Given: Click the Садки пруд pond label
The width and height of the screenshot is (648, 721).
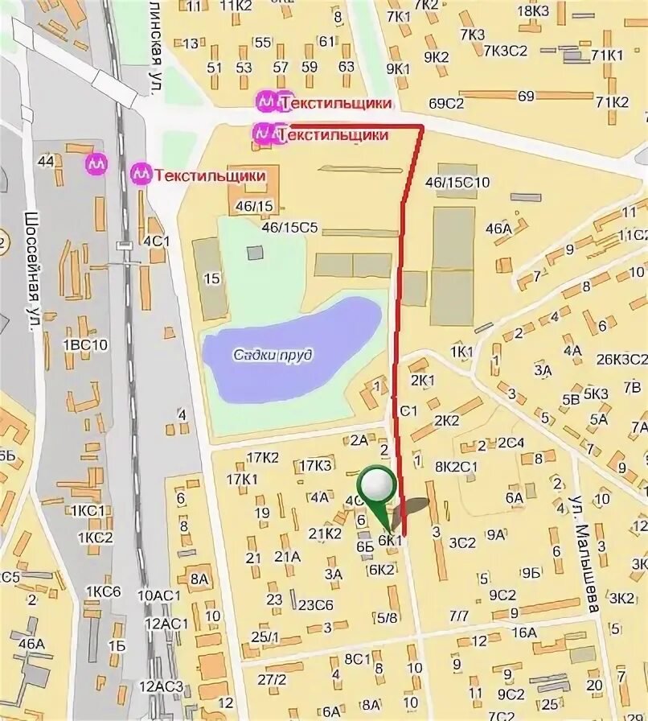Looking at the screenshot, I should (273, 355).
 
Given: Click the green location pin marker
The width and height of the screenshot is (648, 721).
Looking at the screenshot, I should (376, 486).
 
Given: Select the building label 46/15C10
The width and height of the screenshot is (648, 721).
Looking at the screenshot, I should (457, 183).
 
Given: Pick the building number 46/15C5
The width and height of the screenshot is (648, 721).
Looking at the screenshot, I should (290, 227).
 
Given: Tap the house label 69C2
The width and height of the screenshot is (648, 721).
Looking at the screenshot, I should (447, 104).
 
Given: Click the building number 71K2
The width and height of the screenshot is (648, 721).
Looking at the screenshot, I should (612, 101).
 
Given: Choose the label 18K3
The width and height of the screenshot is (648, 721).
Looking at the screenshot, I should (532, 10).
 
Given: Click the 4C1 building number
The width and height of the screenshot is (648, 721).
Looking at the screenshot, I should (157, 240).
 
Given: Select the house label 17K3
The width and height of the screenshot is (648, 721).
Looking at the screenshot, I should (315, 465).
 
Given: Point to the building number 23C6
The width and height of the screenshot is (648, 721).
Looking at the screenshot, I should (316, 605).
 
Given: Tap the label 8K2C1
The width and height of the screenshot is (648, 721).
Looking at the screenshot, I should (457, 465).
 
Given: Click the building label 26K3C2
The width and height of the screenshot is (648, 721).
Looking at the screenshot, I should (621, 360).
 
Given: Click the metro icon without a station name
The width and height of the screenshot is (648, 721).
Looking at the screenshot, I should (97, 163).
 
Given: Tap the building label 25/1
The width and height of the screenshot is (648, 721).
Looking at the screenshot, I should (265, 637).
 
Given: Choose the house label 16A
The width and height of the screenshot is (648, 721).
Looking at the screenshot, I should (523, 632).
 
